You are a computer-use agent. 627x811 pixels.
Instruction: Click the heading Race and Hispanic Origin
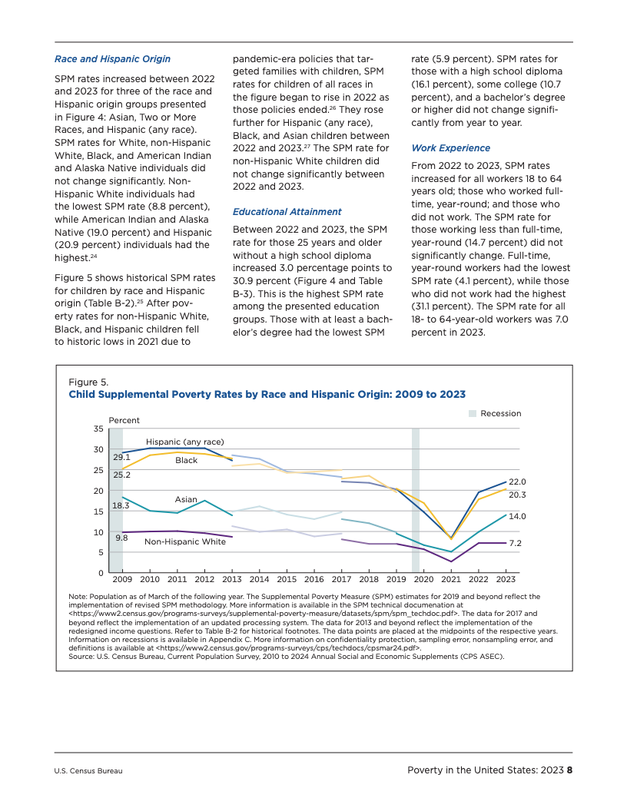click(112, 58)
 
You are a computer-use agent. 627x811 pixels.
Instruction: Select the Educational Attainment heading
click(287, 211)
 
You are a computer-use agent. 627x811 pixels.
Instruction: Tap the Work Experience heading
click(450, 147)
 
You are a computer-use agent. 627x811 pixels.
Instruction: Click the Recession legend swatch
click(473, 414)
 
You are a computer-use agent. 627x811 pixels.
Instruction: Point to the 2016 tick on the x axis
click(313, 579)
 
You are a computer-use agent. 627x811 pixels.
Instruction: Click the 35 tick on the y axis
click(98, 429)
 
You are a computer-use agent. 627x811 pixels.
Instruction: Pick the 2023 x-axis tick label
click(505, 579)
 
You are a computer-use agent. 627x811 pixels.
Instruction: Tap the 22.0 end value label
click(517, 481)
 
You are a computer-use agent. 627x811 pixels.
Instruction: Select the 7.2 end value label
click(516, 543)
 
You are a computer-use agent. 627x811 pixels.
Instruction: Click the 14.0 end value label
click(517, 516)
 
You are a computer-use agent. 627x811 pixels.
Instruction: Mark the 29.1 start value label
click(121, 458)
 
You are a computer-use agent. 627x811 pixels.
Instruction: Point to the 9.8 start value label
click(121, 538)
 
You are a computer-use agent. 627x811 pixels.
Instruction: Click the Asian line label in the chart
click(186, 499)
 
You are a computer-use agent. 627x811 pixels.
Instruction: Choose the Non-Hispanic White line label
click(185, 541)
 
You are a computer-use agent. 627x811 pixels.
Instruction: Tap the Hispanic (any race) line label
click(184, 442)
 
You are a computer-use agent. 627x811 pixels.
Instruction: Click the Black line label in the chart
click(186, 460)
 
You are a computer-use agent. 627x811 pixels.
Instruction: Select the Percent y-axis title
click(124, 420)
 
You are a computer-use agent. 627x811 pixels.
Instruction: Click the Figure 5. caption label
click(88, 382)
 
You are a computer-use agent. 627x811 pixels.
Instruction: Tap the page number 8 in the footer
click(570, 770)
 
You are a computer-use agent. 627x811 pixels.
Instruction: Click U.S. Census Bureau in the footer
click(88, 771)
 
